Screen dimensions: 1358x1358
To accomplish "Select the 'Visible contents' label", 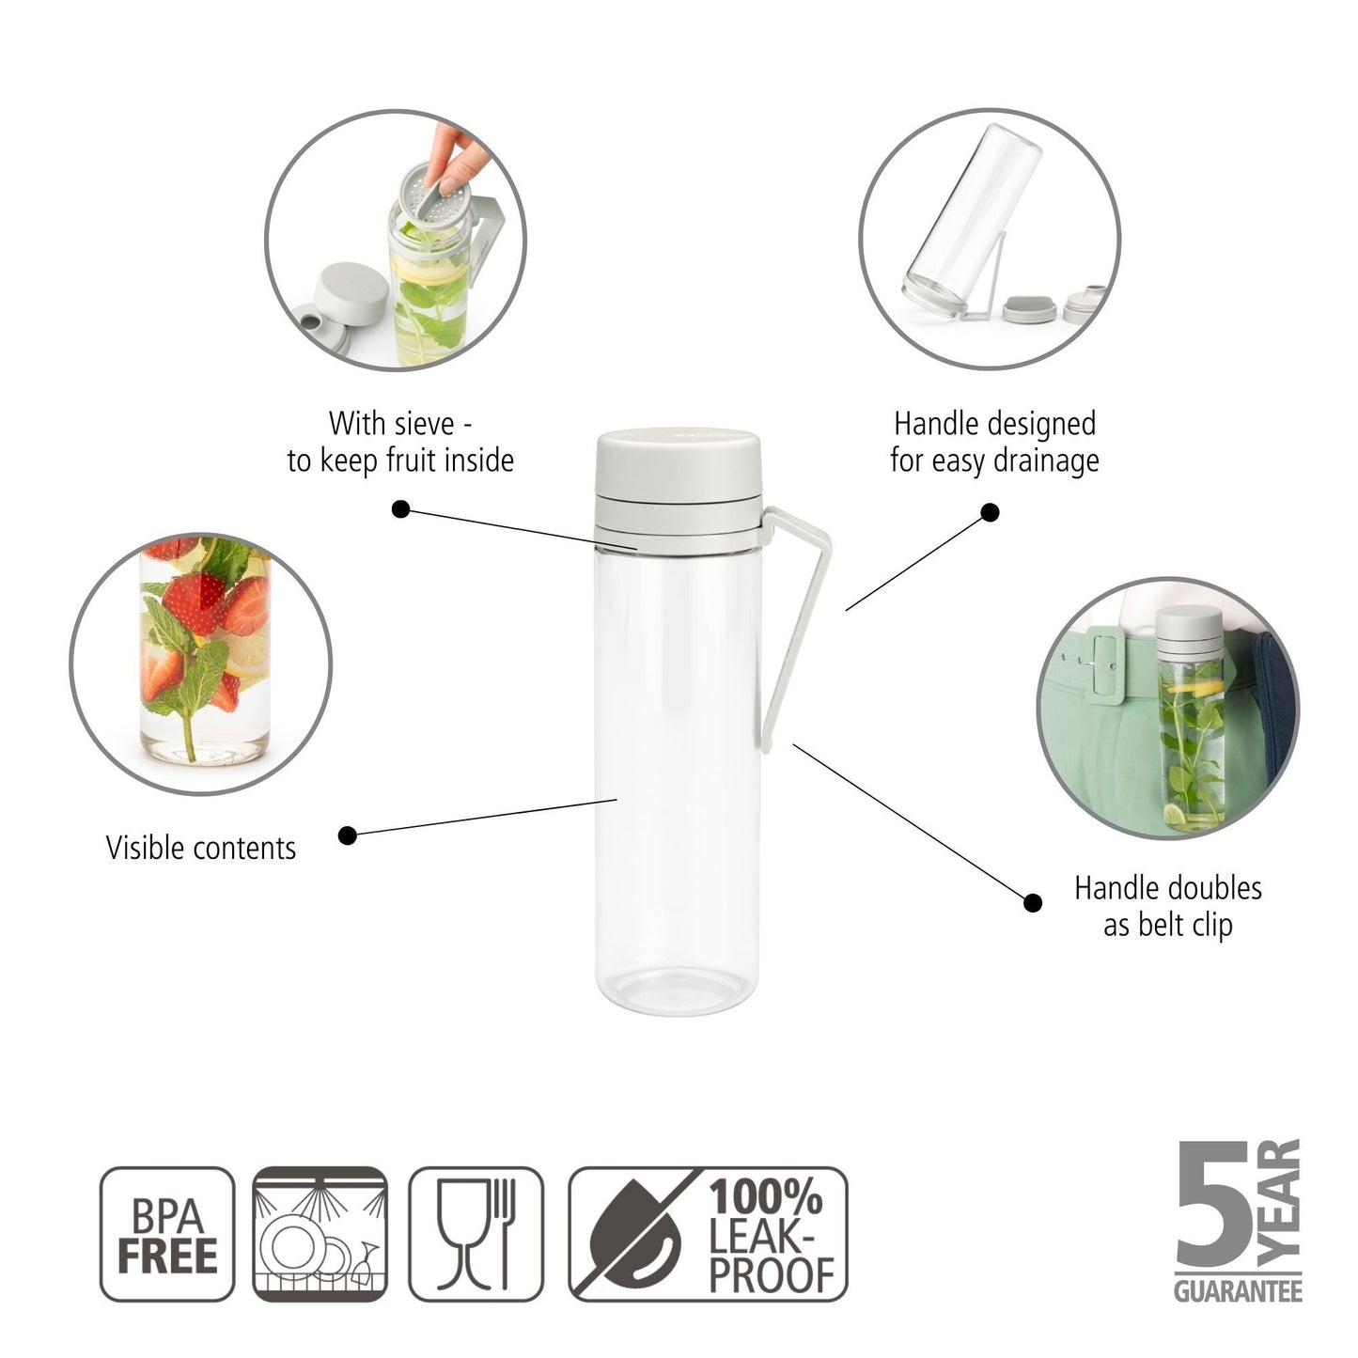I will (201, 848).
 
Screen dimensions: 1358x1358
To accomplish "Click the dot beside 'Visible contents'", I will (348, 835).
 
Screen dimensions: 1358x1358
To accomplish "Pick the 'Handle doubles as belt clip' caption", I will (1167, 906).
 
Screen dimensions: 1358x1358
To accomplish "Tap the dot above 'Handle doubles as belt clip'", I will (1032, 903).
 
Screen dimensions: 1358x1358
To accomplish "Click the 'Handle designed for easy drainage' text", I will (994, 442).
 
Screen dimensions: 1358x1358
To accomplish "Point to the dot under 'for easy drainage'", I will (990, 512).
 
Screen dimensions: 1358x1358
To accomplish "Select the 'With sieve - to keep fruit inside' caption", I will (400, 442).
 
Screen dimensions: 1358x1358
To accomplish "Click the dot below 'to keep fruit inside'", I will (400, 509).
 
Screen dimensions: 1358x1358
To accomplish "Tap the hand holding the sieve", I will (455, 155).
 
